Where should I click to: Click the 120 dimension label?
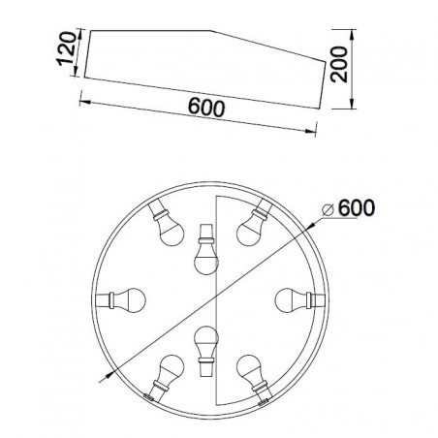point(67,48)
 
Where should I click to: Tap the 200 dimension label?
point(339,64)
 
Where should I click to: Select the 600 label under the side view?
point(206,108)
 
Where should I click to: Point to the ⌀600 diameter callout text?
point(349,207)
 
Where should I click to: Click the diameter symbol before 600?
point(328,210)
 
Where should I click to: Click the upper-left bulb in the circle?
point(167,223)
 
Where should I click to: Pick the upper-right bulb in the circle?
point(254,223)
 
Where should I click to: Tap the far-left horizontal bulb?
point(121,300)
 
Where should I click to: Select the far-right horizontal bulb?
point(299,300)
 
